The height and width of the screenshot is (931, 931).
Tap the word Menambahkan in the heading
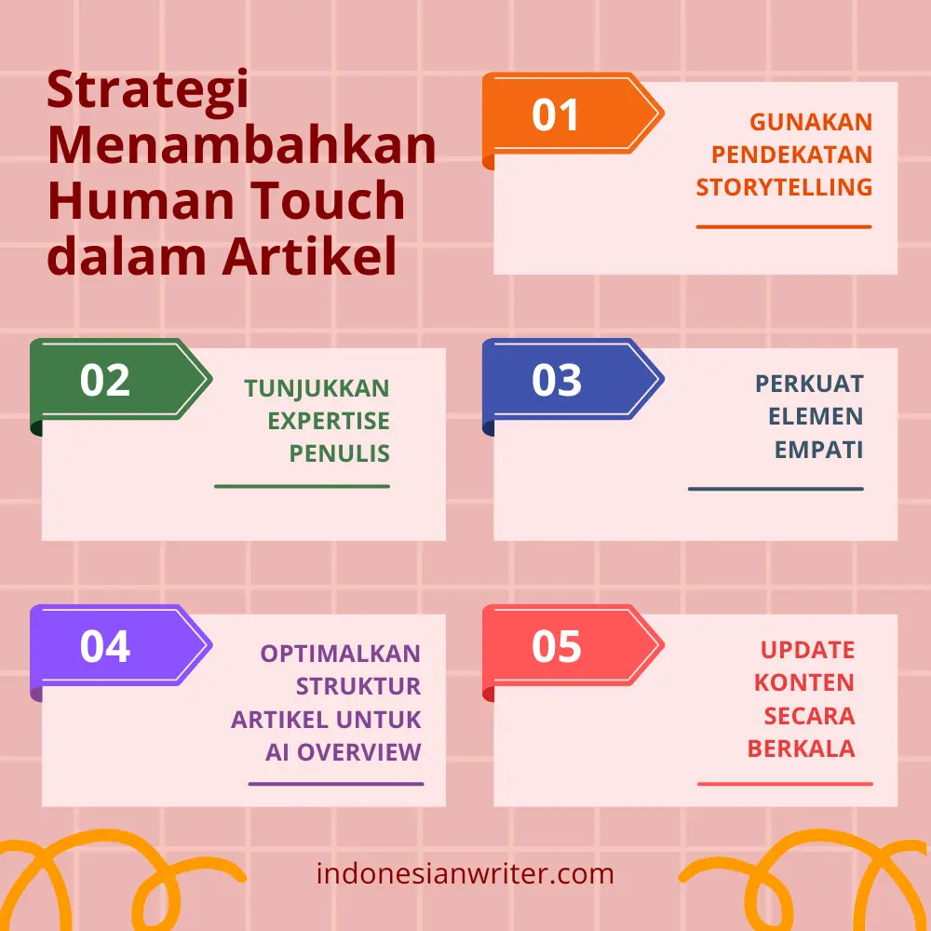coord(242,145)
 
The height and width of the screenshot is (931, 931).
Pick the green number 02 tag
coord(120,381)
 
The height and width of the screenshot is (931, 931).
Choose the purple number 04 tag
coord(120,647)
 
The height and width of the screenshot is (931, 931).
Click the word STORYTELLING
coord(784,187)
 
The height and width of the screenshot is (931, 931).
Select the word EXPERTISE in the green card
coord(329,421)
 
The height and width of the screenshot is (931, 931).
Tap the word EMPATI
coord(818,450)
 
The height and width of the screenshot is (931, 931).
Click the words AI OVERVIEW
coord(344,752)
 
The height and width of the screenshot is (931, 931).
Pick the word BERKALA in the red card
coord(801,749)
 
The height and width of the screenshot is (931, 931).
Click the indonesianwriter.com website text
coord(465,873)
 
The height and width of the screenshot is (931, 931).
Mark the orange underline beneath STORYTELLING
coord(784,227)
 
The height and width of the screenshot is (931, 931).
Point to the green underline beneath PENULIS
coord(303,486)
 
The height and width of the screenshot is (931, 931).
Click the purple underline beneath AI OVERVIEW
coord(336,784)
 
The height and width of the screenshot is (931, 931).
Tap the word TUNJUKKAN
coord(317,388)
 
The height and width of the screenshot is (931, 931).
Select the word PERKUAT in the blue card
coord(809,384)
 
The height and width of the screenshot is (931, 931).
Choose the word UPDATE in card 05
coord(807,650)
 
